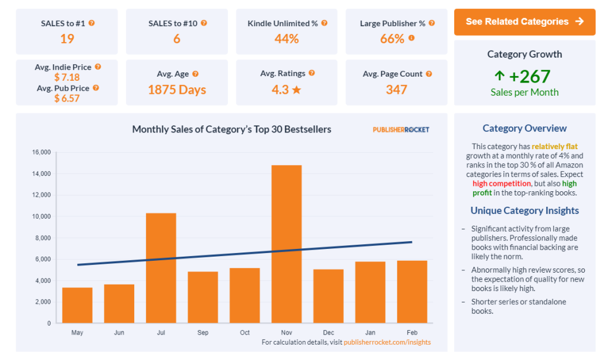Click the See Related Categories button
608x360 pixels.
pyautogui.click(x=524, y=22)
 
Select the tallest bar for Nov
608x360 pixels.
pyautogui.click(x=286, y=244)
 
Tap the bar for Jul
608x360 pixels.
pyautogui.click(x=161, y=267)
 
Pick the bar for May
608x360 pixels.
pyautogui.click(x=77, y=305)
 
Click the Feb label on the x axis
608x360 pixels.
pyautogui.click(x=412, y=333)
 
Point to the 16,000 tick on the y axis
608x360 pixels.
pyautogui.click(x=41, y=153)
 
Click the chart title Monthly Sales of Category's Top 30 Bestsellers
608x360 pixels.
pyautogui.click(x=232, y=129)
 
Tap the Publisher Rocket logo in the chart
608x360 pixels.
pyautogui.click(x=401, y=130)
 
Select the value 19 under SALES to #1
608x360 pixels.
pyautogui.click(x=66, y=39)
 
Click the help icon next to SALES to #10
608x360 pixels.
pyautogui.click(x=204, y=23)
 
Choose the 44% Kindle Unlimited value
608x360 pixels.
pyautogui.click(x=287, y=39)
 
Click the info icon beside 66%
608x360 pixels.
pyautogui.click(x=411, y=39)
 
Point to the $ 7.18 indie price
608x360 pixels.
pyautogui.click(x=66, y=77)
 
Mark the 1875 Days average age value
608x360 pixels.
pyautogui.click(x=177, y=90)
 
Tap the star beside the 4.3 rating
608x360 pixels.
pyautogui.click(x=297, y=90)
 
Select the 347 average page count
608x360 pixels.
pyautogui.click(x=396, y=90)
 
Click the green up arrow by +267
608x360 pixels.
pyautogui.click(x=499, y=76)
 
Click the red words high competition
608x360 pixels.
pyautogui.click(x=501, y=184)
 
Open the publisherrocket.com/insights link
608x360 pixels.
pyautogui.click(x=387, y=342)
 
